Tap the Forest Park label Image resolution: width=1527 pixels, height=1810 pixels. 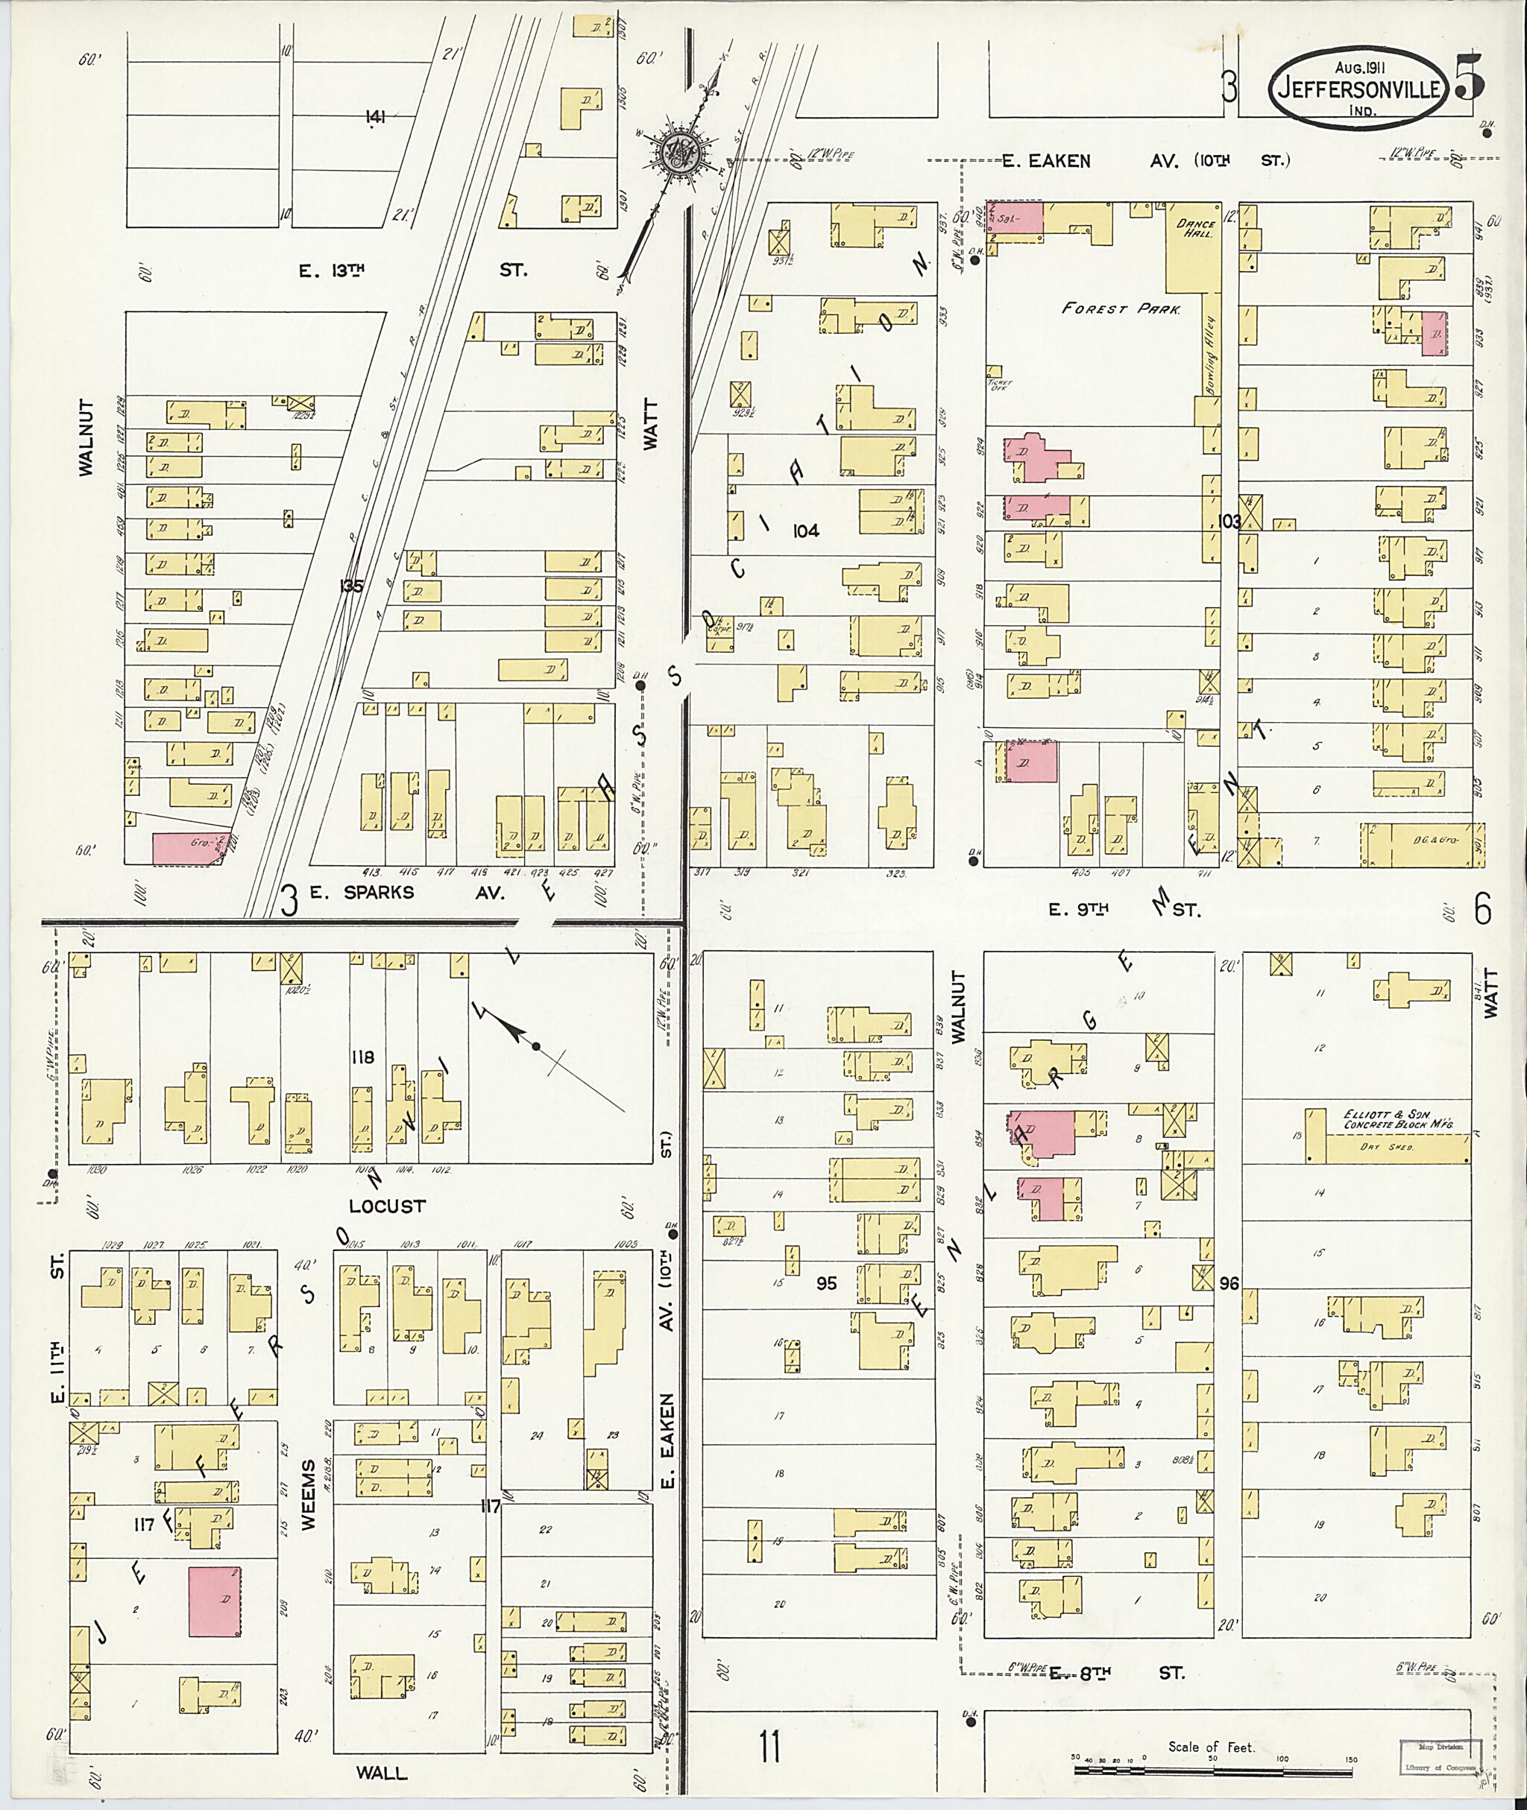(1121, 308)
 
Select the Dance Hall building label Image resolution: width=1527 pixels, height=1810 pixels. (1195, 229)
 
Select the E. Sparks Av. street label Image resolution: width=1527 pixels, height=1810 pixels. (407, 893)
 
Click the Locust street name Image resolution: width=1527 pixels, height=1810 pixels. (387, 1205)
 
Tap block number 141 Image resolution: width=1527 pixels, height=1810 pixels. (374, 118)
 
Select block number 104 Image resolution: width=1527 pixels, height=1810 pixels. (805, 531)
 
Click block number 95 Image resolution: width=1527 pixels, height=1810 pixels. (827, 1283)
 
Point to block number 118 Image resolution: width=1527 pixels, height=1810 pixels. (362, 1057)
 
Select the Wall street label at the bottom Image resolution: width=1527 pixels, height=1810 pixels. (382, 1773)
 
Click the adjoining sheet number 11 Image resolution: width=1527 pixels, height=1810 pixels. (769, 1750)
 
